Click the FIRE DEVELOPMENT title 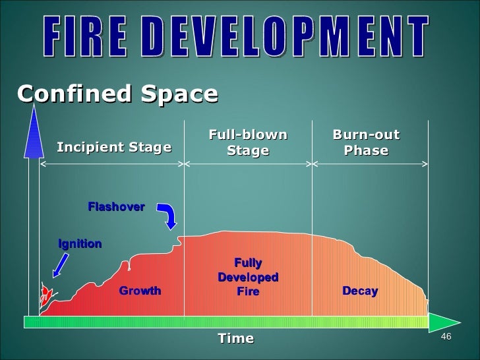[x=238, y=39]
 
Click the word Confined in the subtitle [x=63, y=94]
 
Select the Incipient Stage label [x=114, y=147]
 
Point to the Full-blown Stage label [x=248, y=143]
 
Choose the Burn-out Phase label [x=367, y=143]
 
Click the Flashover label [x=116, y=207]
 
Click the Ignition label [x=80, y=244]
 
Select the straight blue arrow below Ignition [x=60, y=264]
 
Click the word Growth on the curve [x=140, y=291]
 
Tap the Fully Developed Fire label [x=248, y=277]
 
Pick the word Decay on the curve [x=360, y=291]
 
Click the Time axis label [x=235, y=338]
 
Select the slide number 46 [x=446, y=338]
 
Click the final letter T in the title [x=418, y=39]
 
